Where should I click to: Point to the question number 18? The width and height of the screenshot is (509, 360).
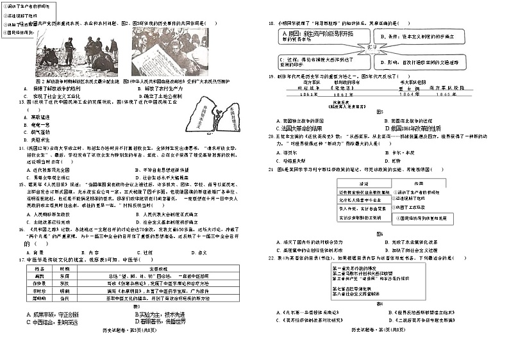click(x=272, y=22)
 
